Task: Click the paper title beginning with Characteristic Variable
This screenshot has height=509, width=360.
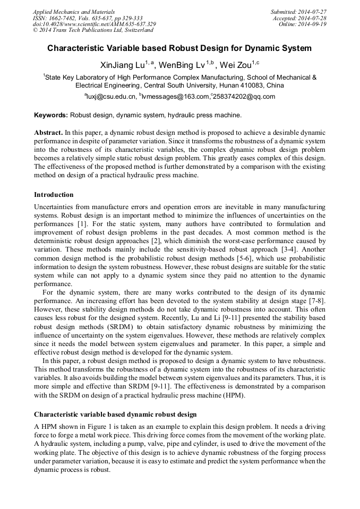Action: tap(179, 48)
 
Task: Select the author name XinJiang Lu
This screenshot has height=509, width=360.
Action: tap(122, 65)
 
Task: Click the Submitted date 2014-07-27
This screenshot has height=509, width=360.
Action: tap(312, 11)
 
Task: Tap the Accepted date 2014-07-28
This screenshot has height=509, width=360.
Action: tap(313, 18)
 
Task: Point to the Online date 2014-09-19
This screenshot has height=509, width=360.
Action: tap(315, 24)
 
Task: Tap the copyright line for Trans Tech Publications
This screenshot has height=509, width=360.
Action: tap(92, 30)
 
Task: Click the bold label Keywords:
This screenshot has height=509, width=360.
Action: tap(51, 115)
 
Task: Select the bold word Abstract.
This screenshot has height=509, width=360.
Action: tap(48, 131)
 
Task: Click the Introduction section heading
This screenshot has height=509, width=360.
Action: tap(54, 195)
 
